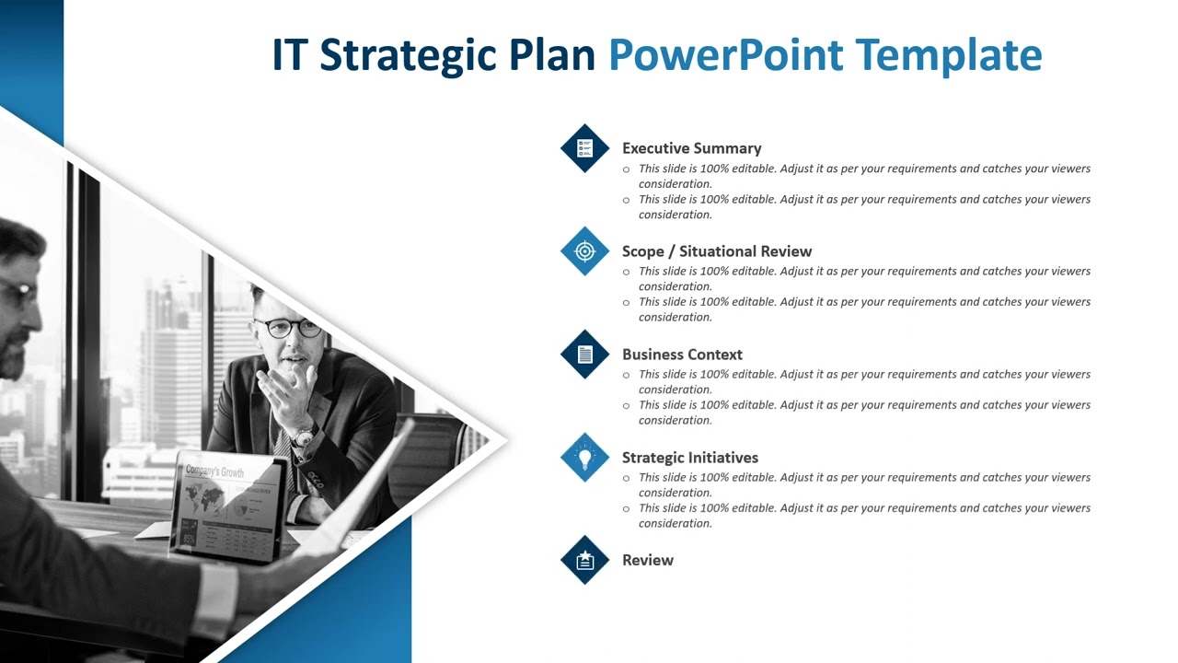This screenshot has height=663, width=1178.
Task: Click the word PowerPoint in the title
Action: (x=725, y=55)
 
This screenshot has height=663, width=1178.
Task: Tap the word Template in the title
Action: (x=949, y=55)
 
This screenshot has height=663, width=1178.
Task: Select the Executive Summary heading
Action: (x=691, y=148)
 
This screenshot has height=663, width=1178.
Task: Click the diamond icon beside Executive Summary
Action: (x=585, y=147)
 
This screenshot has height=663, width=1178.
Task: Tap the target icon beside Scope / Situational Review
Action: (x=585, y=250)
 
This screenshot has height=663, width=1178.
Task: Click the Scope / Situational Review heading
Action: (x=716, y=251)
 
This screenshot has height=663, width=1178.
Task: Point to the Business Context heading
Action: (x=682, y=355)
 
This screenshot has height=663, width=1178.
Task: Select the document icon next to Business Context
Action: (x=585, y=354)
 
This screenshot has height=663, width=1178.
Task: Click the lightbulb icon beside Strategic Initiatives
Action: (x=585, y=457)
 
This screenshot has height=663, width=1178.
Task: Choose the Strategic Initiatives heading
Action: (x=689, y=458)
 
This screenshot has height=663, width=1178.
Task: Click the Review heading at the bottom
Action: (x=647, y=560)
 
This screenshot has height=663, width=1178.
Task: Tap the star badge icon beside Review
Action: (x=585, y=560)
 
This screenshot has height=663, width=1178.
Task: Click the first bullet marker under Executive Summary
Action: (x=627, y=169)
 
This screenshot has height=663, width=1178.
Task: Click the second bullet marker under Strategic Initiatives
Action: (x=627, y=508)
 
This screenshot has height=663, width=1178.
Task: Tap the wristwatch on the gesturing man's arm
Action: (x=306, y=433)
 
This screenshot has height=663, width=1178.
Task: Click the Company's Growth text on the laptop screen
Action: (x=214, y=471)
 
